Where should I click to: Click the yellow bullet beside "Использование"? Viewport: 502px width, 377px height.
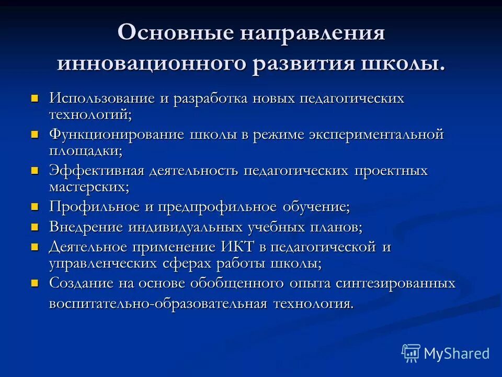35,98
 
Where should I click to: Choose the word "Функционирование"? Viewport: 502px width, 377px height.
117,134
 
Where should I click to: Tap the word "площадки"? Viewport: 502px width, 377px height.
86,151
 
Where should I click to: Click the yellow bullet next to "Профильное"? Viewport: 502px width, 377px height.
35,207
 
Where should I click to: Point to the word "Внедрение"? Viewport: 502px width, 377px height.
86,227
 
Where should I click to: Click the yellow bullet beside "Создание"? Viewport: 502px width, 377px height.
35,283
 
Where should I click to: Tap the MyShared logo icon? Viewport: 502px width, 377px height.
410,353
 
